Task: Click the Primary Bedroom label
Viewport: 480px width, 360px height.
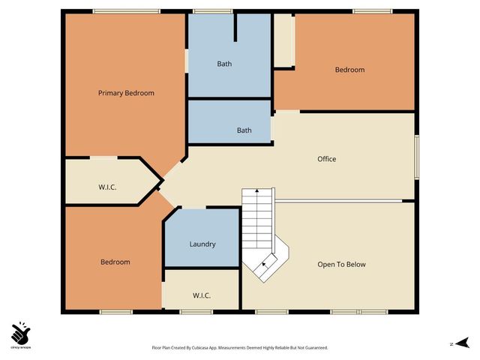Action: (x=126, y=93)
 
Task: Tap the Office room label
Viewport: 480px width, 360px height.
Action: (x=326, y=159)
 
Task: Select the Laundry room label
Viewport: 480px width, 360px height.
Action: (x=202, y=244)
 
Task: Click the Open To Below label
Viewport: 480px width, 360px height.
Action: (x=341, y=264)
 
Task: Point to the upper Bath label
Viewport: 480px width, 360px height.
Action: (x=224, y=64)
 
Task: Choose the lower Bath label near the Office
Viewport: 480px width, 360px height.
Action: (x=244, y=130)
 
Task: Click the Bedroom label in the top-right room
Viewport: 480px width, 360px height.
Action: (x=349, y=70)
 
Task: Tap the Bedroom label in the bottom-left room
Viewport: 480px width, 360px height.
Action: (x=115, y=262)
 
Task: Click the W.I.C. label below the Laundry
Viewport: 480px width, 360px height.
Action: (x=202, y=295)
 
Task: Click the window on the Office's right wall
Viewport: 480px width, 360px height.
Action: (x=416, y=157)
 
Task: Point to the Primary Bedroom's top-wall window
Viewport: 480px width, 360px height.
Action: (x=126, y=11)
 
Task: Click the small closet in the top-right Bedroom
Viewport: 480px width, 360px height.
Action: (x=283, y=41)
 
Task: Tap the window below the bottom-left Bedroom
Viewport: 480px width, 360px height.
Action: (x=115, y=311)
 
